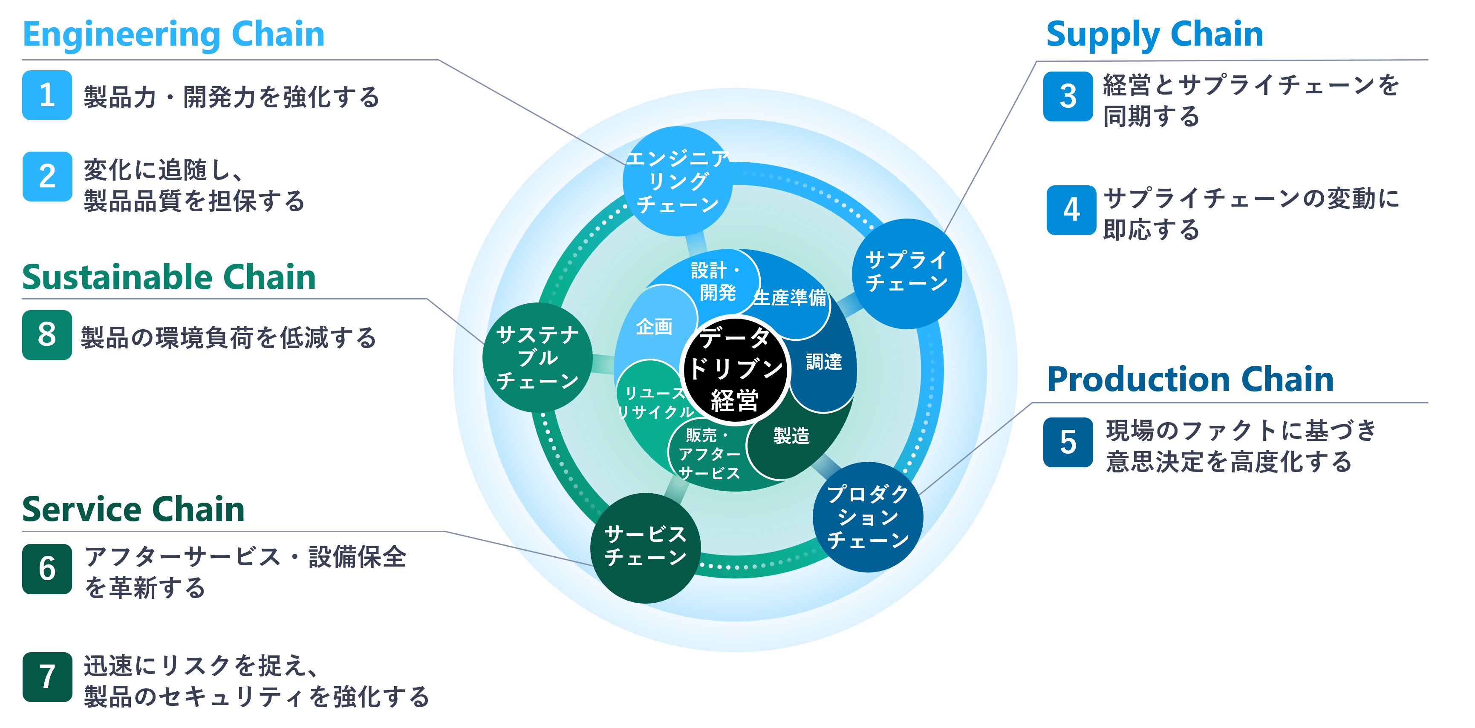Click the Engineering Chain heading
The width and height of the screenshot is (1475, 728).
(173, 35)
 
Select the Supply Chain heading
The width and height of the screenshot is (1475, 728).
(1155, 35)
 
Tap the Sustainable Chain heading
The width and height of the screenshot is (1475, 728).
(169, 278)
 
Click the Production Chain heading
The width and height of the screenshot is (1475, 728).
(1190, 380)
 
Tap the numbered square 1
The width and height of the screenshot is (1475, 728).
(47, 95)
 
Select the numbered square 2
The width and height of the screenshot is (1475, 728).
(47, 176)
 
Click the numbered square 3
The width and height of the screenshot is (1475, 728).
(1068, 96)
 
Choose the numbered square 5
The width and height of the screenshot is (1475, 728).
(1068, 443)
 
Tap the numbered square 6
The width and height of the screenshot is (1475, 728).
(47, 569)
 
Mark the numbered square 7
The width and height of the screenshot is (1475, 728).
(47, 677)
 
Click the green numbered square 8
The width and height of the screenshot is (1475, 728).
(47, 335)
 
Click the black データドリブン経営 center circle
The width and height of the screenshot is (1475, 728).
(735, 369)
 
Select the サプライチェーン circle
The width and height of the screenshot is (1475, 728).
(906, 273)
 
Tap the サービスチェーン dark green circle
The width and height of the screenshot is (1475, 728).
(645, 548)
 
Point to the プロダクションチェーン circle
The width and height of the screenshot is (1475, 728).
(867, 517)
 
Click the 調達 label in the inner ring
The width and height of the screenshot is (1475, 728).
(823, 362)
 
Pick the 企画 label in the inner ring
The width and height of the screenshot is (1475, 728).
(654, 327)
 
